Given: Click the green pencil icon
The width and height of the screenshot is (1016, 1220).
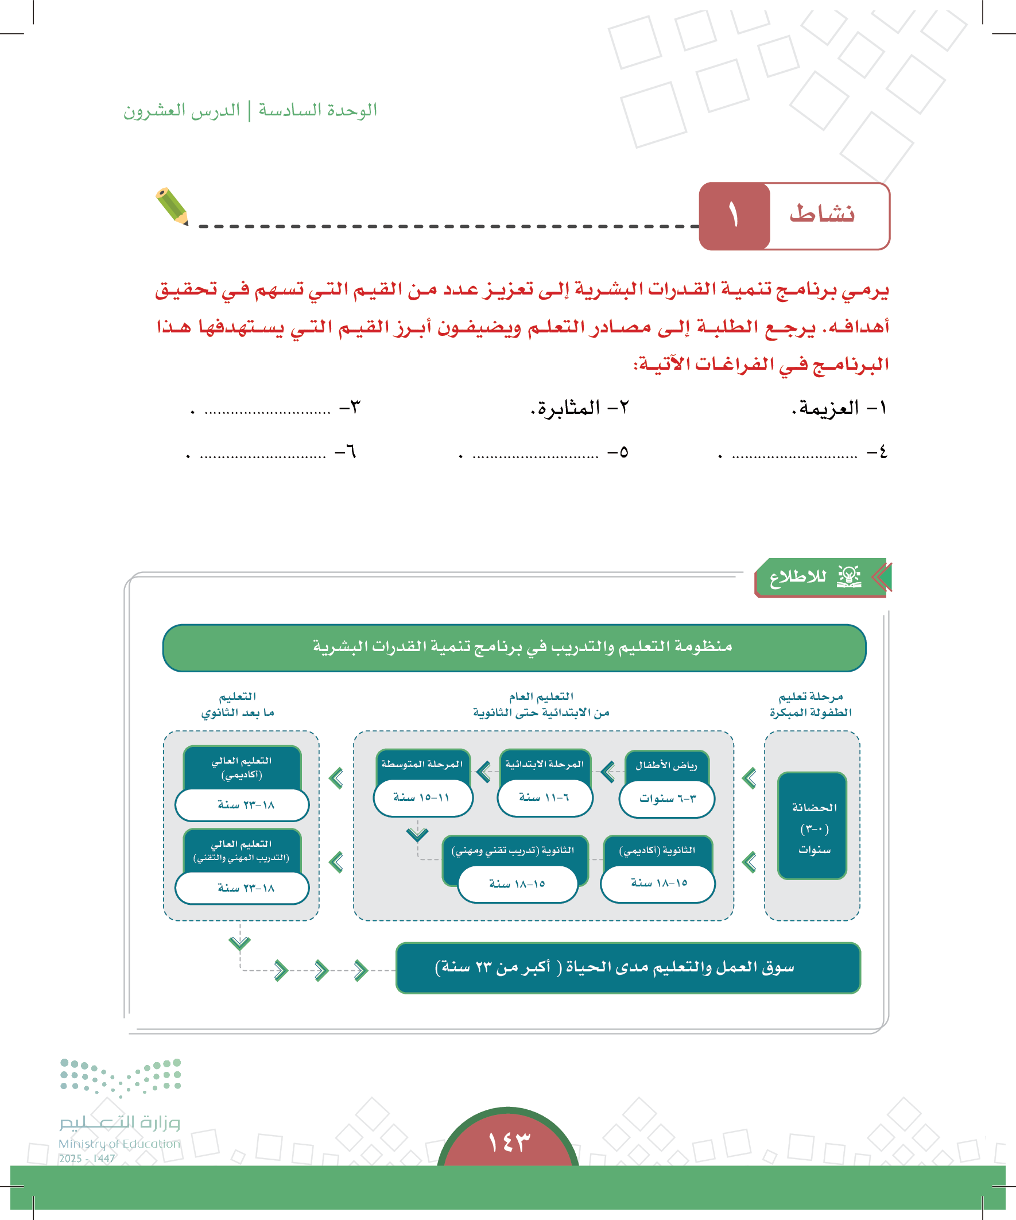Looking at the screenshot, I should click(x=172, y=206).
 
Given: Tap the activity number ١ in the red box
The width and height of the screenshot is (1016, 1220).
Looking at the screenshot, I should click(x=733, y=215).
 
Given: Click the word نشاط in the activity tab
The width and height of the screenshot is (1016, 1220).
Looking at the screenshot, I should click(x=821, y=214).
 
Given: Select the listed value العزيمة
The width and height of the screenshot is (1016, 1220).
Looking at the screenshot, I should click(x=826, y=408).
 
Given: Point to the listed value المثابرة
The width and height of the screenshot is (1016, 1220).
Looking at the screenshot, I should click(x=566, y=408).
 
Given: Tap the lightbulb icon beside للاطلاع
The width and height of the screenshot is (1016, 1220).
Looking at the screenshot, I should click(x=849, y=576).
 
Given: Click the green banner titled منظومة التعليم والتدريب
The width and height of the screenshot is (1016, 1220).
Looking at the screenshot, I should click(x=514, y=647).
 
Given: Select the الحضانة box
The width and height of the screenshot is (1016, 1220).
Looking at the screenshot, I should click(x=812, y=826).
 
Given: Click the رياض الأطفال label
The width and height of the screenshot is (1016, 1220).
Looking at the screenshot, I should click(x=666, y=765).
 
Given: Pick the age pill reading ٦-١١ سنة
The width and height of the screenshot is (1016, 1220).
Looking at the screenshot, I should click(x=544, y=797).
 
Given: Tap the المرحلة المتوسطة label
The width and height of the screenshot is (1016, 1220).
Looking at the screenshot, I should click(x=422, y=764).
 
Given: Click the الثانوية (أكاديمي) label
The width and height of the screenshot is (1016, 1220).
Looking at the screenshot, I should click(x=657, y=850).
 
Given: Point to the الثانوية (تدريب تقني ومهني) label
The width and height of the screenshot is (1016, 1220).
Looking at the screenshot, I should click(x=514, y=850).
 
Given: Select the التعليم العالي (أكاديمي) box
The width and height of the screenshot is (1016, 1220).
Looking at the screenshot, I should click(x=242, y=768).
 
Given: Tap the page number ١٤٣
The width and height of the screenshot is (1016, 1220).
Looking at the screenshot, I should click(x=509, y=1141).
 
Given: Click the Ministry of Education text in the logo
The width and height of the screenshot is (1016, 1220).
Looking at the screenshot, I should click(x=119, y=1143).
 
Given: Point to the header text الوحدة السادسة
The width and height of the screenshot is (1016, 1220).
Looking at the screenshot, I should click(x=318, y=110).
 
